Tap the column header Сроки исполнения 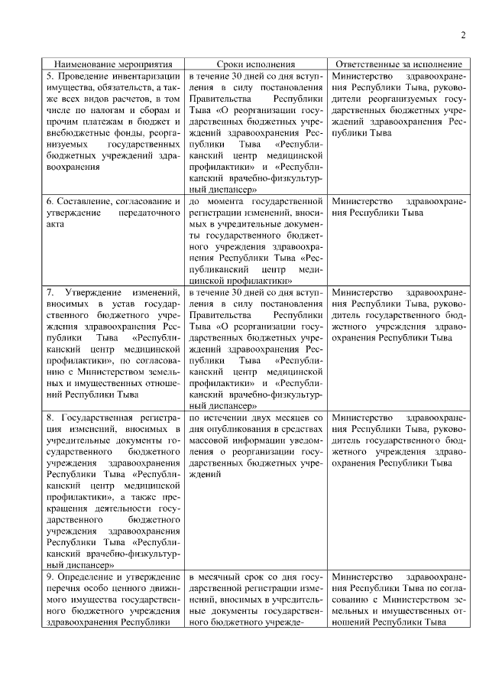[256, 65]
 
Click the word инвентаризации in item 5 [145, 77]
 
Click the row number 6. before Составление [51, 201]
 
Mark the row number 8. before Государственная [51, 417]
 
